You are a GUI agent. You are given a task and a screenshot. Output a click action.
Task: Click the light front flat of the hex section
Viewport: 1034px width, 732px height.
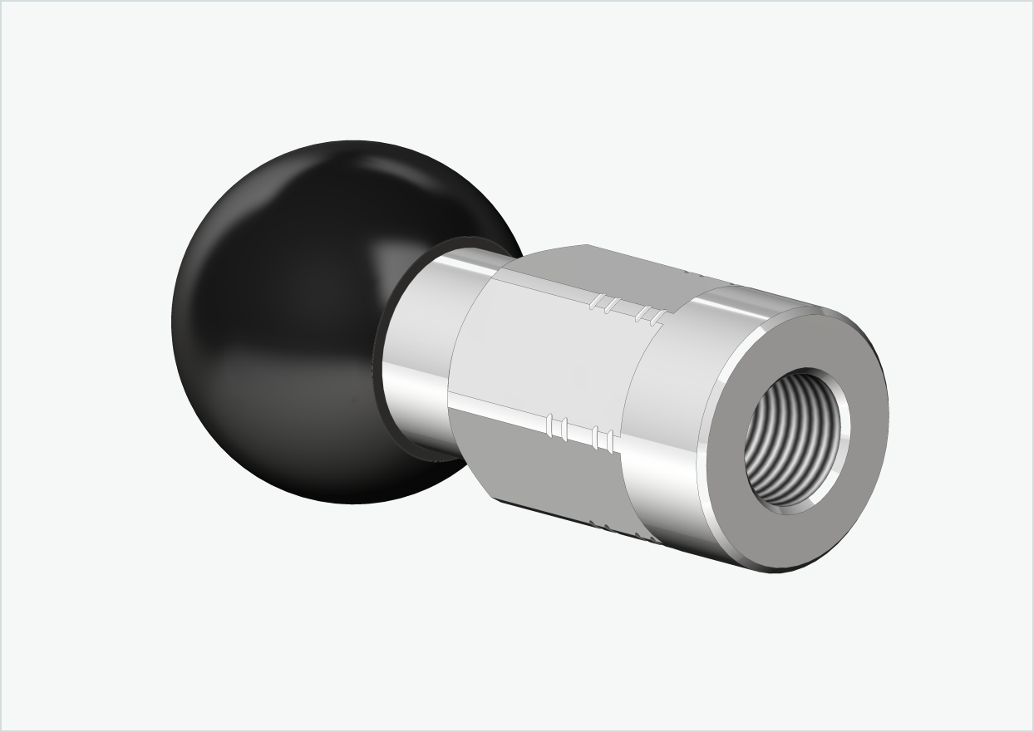click(540, 357)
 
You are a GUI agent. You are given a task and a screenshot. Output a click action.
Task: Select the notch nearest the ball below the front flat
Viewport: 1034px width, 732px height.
click(550, 426)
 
